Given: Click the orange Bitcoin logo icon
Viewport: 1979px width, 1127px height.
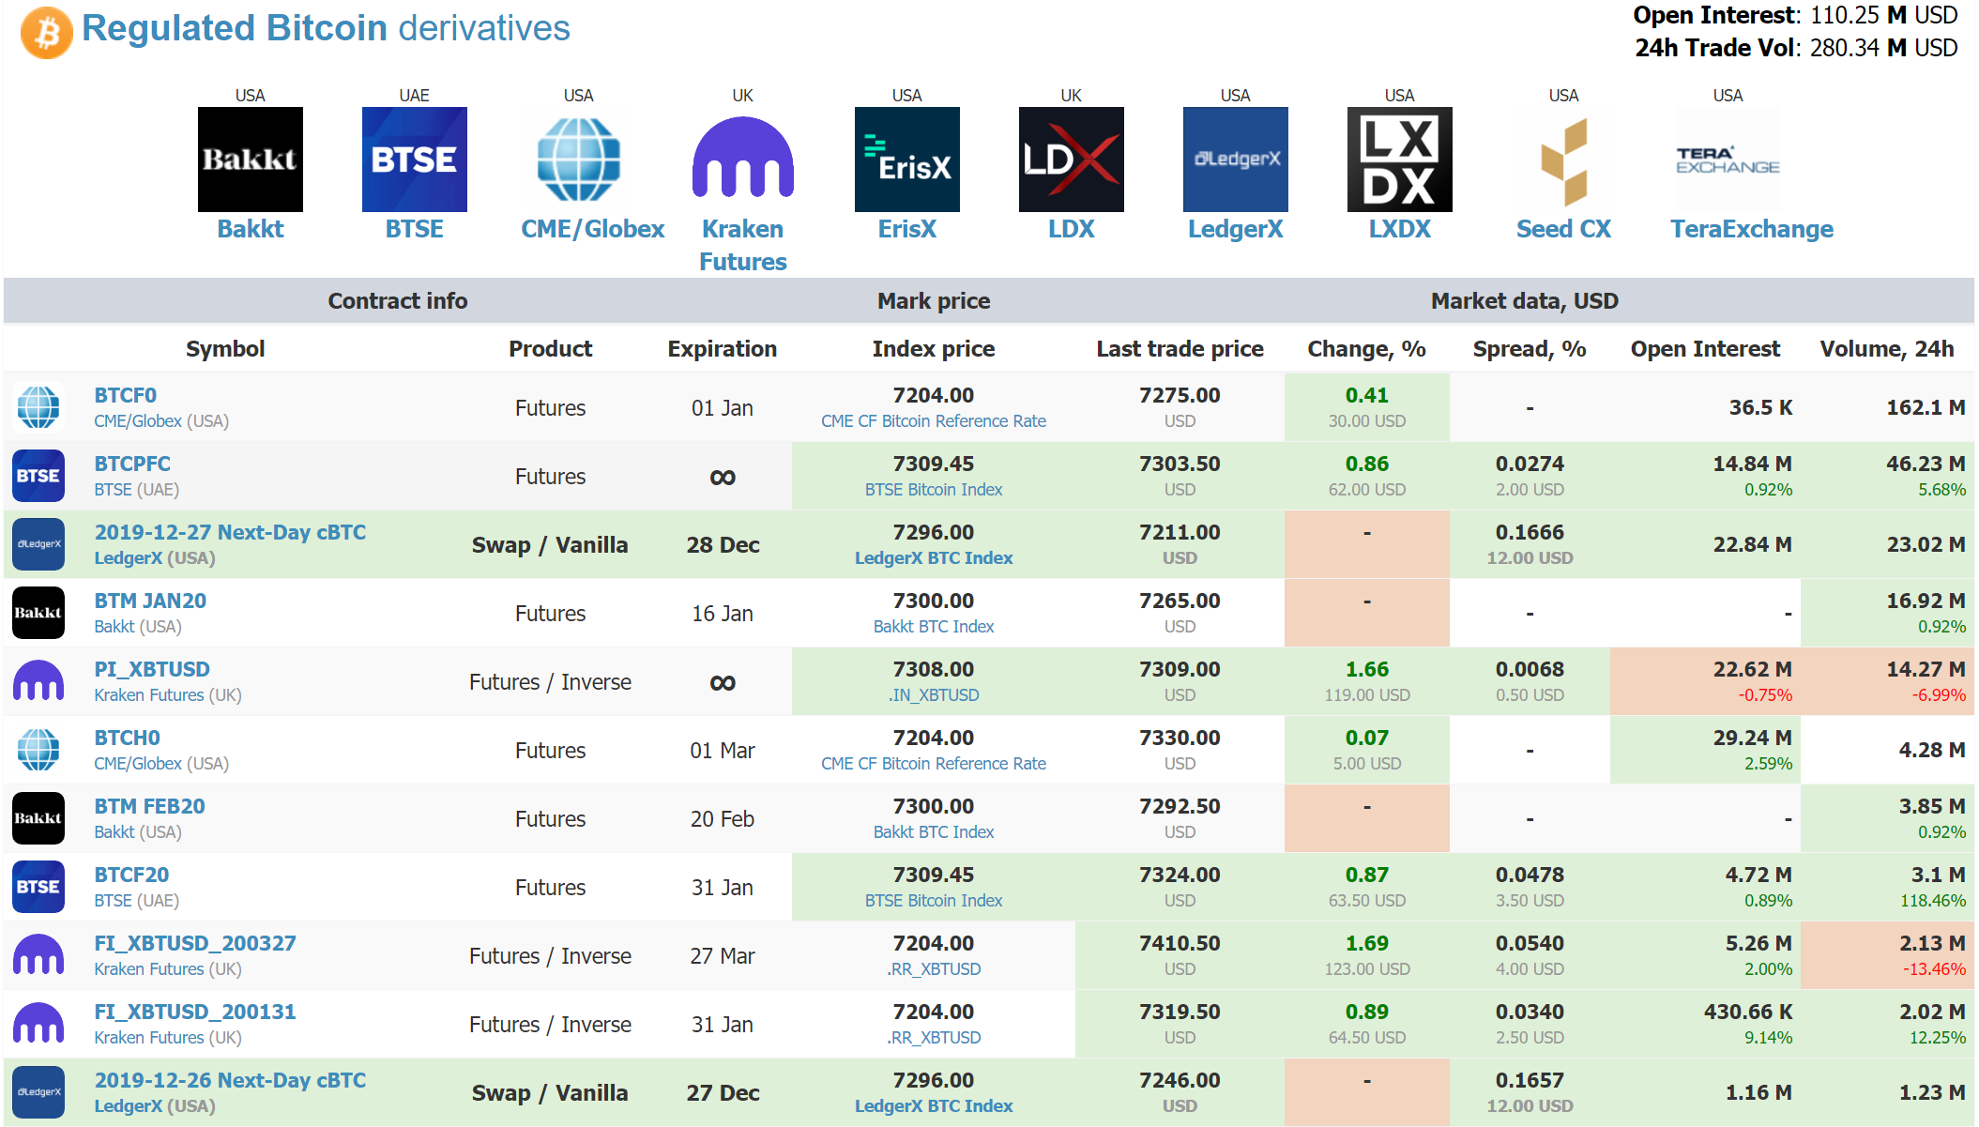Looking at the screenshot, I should click(46, 33).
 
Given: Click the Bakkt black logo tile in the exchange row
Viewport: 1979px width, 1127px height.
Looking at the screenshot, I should click(250, 160).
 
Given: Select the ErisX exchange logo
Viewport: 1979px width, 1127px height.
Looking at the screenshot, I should click(906, 160).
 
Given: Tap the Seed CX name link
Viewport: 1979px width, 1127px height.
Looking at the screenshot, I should click(1563, 229).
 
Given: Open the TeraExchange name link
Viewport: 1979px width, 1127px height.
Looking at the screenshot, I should click(1751, 229).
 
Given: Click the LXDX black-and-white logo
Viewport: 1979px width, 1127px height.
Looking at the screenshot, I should click(1399, 160).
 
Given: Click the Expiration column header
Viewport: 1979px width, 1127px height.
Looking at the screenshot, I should click(722, 349).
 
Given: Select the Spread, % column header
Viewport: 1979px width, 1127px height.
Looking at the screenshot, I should click(1529, 349).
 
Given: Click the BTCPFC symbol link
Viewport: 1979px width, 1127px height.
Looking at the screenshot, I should click(132, 464).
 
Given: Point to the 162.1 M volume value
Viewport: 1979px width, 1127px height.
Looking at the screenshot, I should click(1926, 407).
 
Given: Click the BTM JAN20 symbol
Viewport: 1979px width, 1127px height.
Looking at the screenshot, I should click(150, 601).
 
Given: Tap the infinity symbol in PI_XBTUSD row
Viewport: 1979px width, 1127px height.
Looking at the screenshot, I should click(722, 682).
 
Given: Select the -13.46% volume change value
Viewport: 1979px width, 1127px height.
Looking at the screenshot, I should click(1933, 969).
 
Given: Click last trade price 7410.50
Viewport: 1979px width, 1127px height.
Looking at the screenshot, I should click(1180, 943).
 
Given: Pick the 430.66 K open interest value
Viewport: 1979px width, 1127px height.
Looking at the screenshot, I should click(1747, 1012).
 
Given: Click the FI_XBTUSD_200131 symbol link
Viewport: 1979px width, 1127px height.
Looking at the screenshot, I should click(195, 1012).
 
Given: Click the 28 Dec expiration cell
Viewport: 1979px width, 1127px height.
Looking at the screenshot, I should click(722, 545).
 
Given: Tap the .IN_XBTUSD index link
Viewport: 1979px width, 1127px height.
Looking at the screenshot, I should click(933, 695).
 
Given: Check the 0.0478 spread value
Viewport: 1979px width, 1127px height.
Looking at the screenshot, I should click(1529, 875).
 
